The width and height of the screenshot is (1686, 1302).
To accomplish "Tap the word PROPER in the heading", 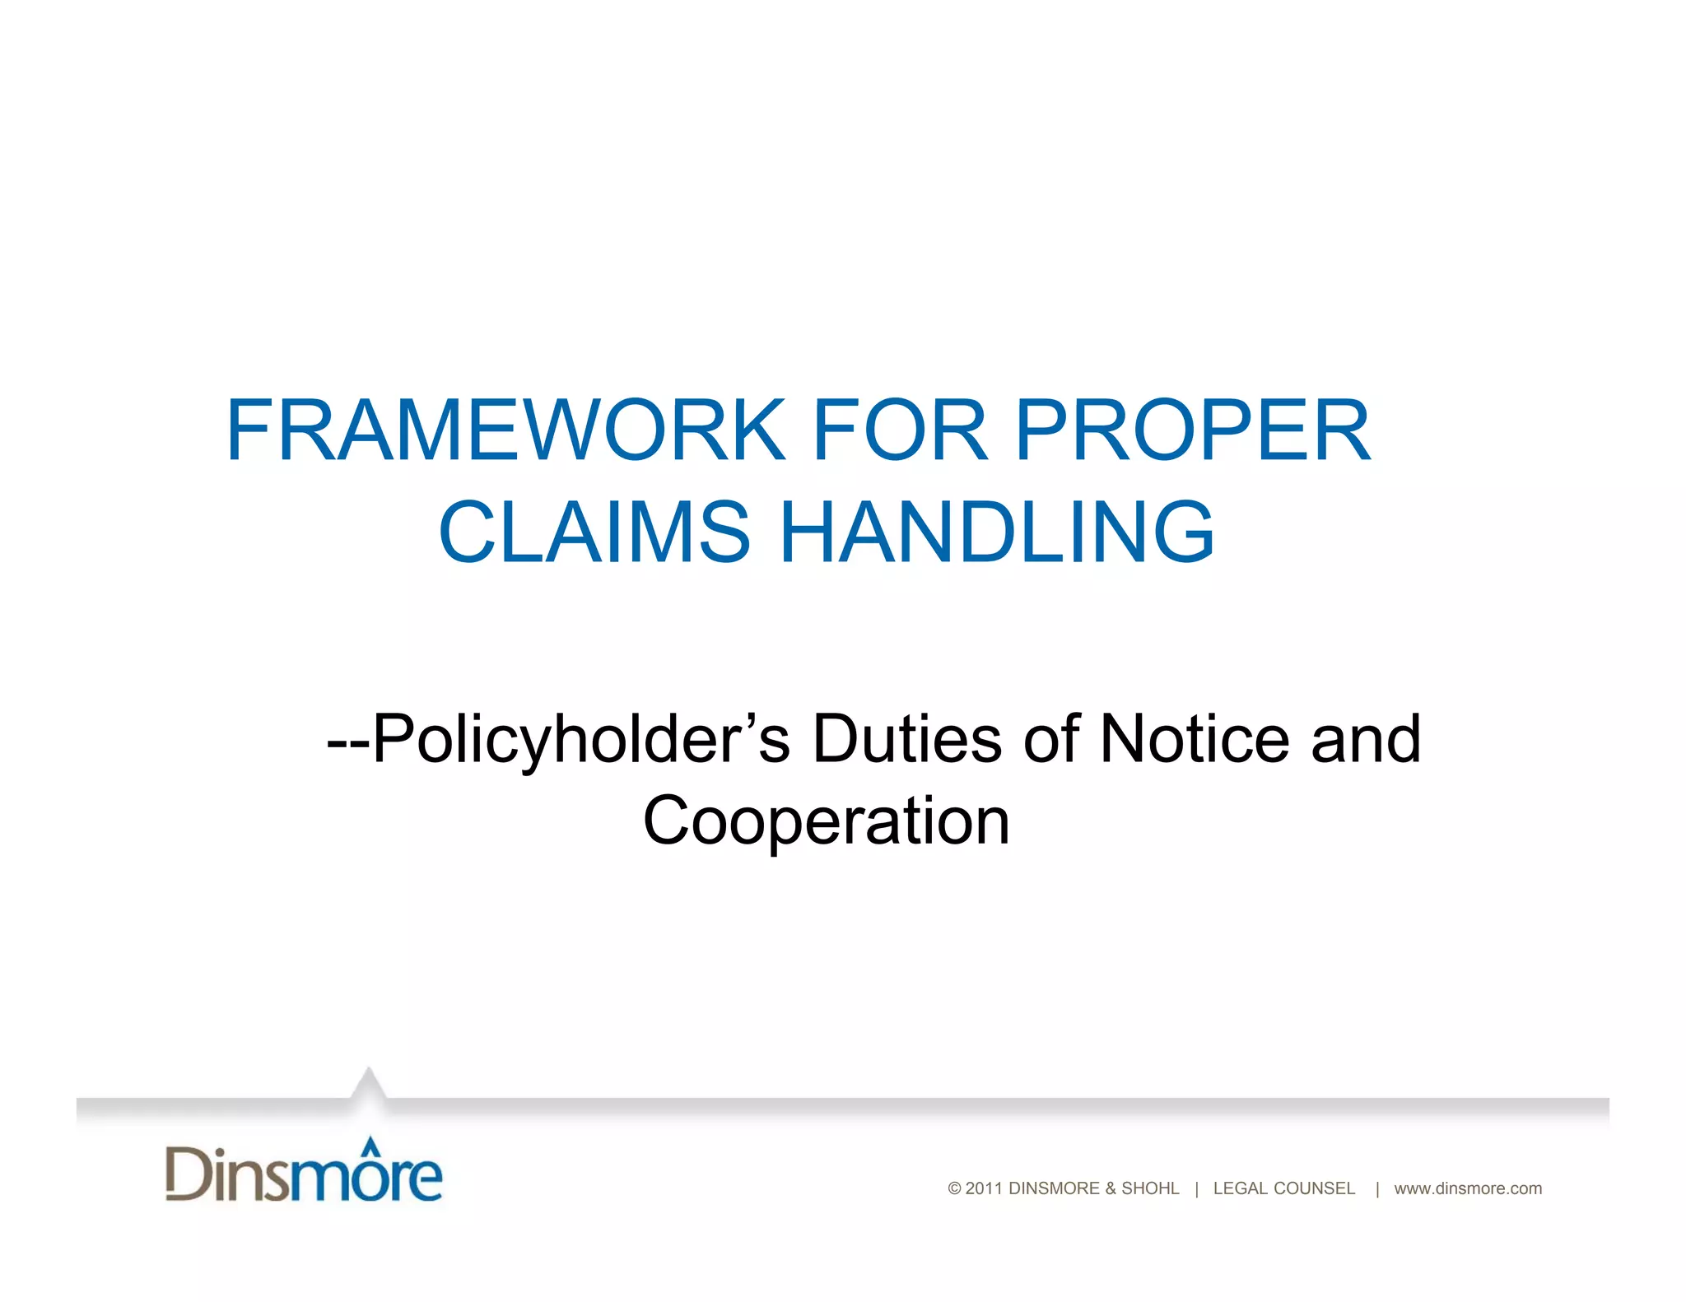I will point(1193,430).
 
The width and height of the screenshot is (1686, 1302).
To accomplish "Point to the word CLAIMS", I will point(594,532).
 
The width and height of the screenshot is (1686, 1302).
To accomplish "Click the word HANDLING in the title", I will point(997,532).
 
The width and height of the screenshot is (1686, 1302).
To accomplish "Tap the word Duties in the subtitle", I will point(907,739).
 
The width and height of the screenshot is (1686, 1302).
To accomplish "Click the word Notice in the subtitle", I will point(1195,739).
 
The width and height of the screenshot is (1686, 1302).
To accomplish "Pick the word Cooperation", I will point(826,821).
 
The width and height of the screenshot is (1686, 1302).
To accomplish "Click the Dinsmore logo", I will point(304,1172).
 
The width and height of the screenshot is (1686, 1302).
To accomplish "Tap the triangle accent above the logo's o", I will point(371,1144).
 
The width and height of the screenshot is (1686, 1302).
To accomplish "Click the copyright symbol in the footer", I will point(954,1188).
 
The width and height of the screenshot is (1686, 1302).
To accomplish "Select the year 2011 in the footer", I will point(984,1188).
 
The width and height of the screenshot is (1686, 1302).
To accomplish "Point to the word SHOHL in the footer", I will point(1150,1188).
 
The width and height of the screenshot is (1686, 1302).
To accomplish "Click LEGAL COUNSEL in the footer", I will point(1283,1188).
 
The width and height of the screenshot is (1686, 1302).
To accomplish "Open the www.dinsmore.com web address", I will point(1468,1188).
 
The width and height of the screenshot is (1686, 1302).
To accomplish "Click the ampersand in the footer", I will point(1111,1188).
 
